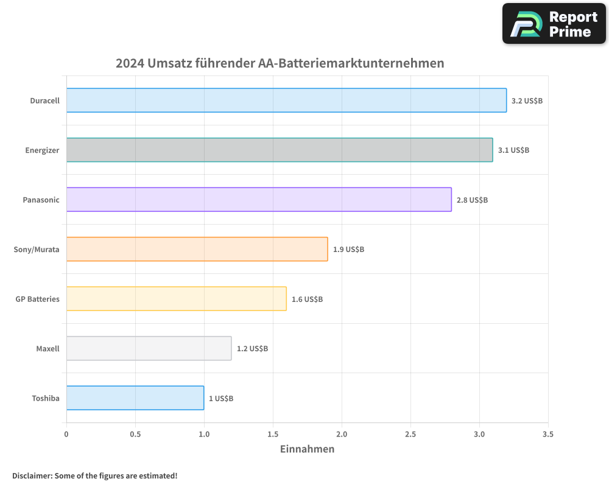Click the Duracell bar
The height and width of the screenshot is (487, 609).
pos(286,100)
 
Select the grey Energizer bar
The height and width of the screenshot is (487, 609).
pos(280,150)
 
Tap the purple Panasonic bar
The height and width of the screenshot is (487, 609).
pos(259,199)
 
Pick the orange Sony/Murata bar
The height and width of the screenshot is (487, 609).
pos(197,249)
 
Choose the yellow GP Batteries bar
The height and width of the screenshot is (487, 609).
pos(176,298)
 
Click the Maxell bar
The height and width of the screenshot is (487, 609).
pos(149,348)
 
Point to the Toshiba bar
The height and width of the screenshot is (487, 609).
pos(135,398)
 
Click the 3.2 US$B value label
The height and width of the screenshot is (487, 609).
pos(527,100)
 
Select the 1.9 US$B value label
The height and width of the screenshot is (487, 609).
pos(348,249)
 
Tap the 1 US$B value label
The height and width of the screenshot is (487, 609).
pos(221,398)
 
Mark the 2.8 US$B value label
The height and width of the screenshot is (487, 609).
pos(472,200)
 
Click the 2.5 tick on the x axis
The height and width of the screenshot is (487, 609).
pos(410,434)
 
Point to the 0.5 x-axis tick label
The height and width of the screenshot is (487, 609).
pos(135,434)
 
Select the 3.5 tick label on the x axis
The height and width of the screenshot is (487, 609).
pos(548,434)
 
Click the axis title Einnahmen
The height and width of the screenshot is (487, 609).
pos(307,449)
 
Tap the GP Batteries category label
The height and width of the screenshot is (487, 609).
pos(37,299)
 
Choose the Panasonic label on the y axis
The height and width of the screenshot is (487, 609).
pos(41,200)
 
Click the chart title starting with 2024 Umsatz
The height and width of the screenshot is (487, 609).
pos(280,63)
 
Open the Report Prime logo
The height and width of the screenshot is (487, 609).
pos(554,24)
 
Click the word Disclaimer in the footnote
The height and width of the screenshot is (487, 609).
pos(32,475)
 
